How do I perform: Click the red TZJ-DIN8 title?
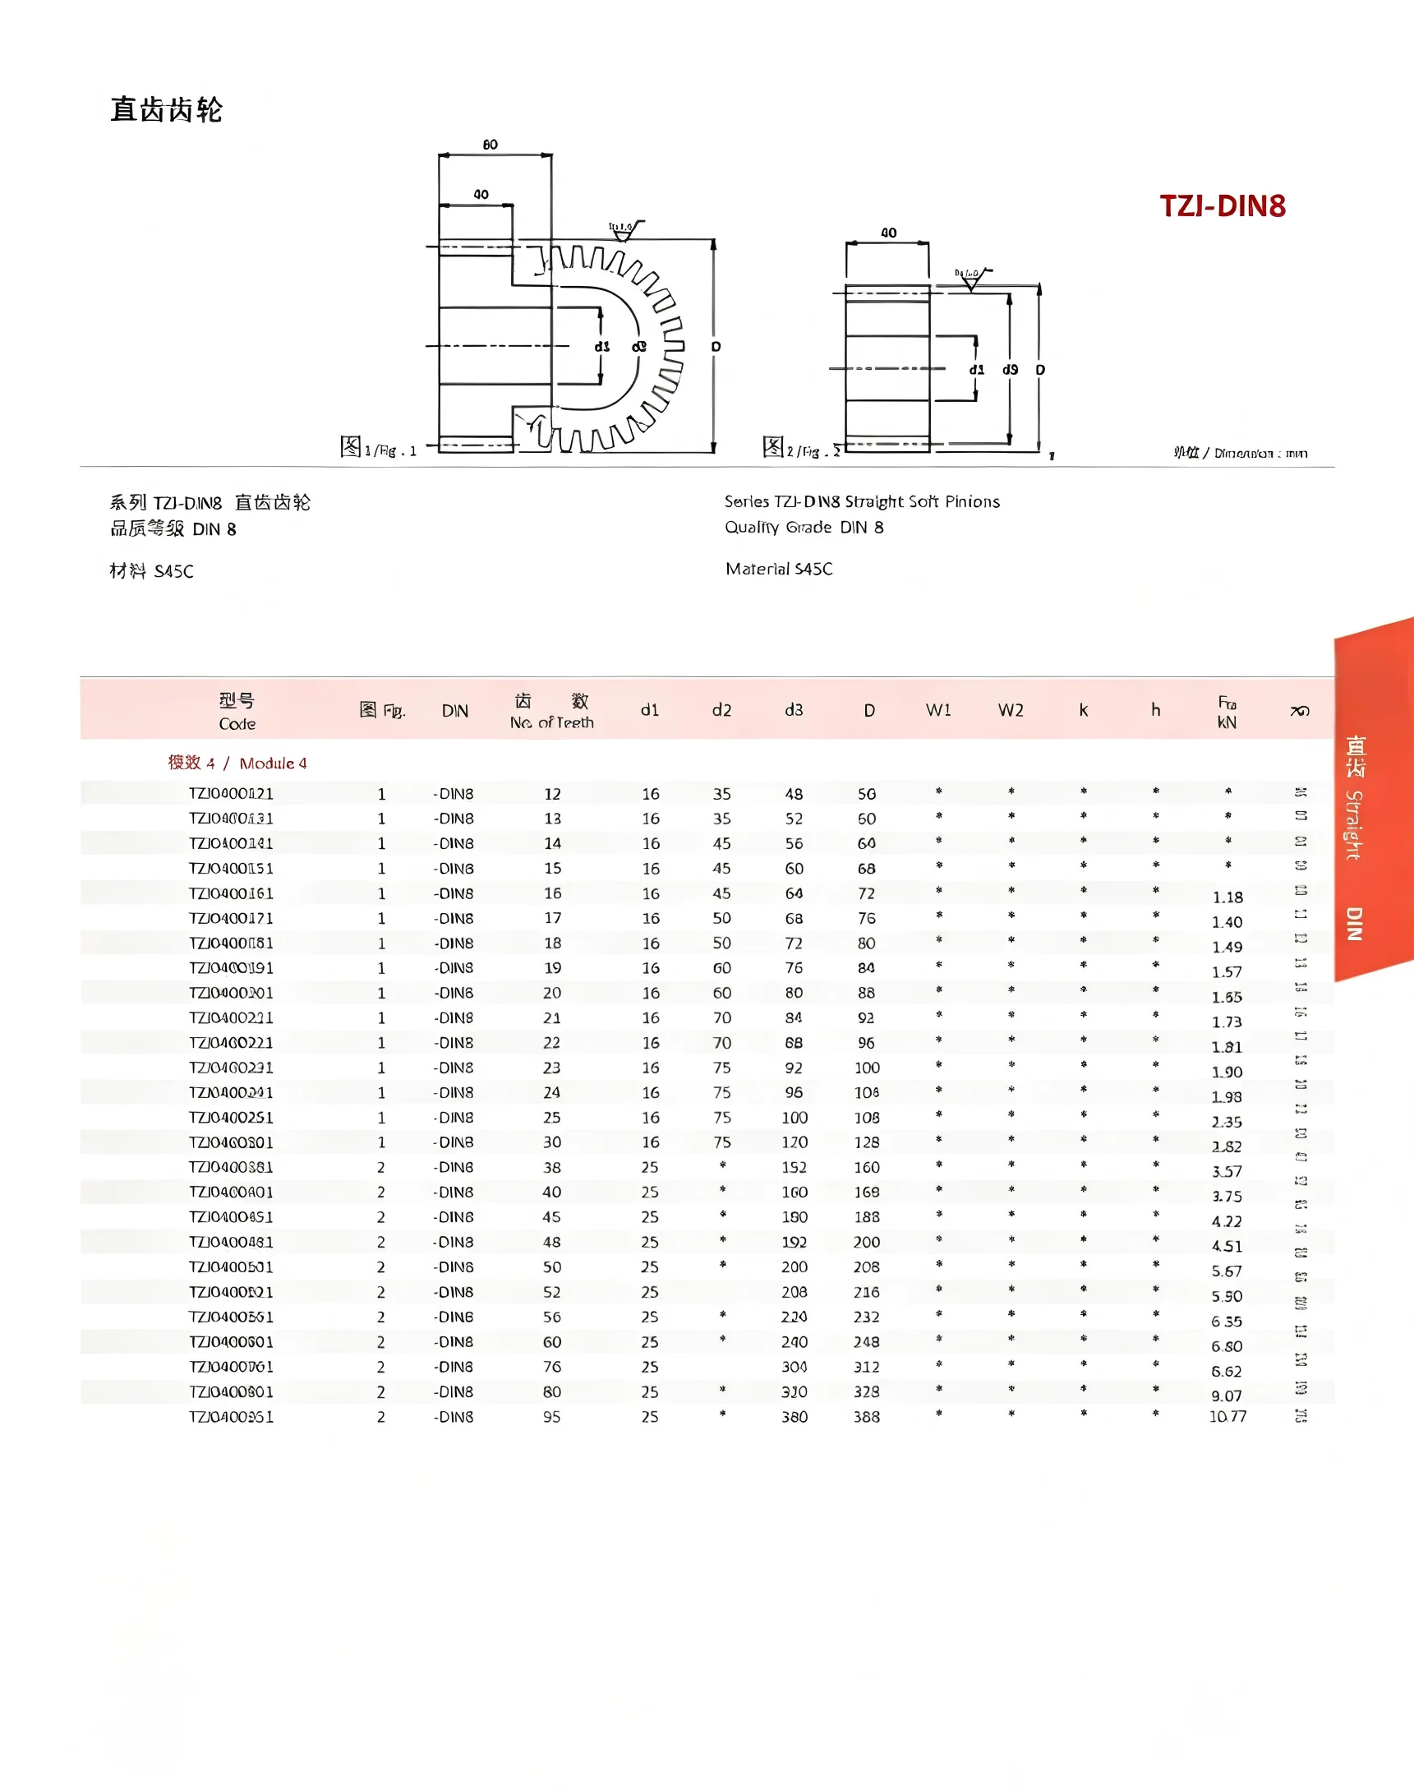(x=1222, y=206)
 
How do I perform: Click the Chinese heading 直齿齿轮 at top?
(x=167, y=109)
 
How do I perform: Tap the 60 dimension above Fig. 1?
(x=491, y=145)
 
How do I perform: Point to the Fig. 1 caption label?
(x=378, y=449)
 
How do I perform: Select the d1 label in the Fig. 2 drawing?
(x=977, y=369)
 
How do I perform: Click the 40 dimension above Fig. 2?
(x=888, y=233)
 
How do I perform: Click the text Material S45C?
(x=779, y=569)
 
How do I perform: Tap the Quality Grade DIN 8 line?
(x=804, y=528)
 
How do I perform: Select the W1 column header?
(x=938, y=710)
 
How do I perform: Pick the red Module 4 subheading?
(x=237, y=763)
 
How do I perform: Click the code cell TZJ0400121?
(x=231, y=793)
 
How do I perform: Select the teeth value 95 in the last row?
(x=551, y=1417)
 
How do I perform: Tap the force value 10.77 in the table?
(x=1227, y=1417)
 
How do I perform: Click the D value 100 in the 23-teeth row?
(x=867, y=1068)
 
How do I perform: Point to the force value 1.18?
(x=1227, y=897)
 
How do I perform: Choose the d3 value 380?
(x=794, y=1417)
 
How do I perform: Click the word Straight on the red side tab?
(x=1353, y=824)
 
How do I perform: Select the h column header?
(x=1155, y=710)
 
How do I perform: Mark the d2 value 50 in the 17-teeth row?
(x=722, y=918)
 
